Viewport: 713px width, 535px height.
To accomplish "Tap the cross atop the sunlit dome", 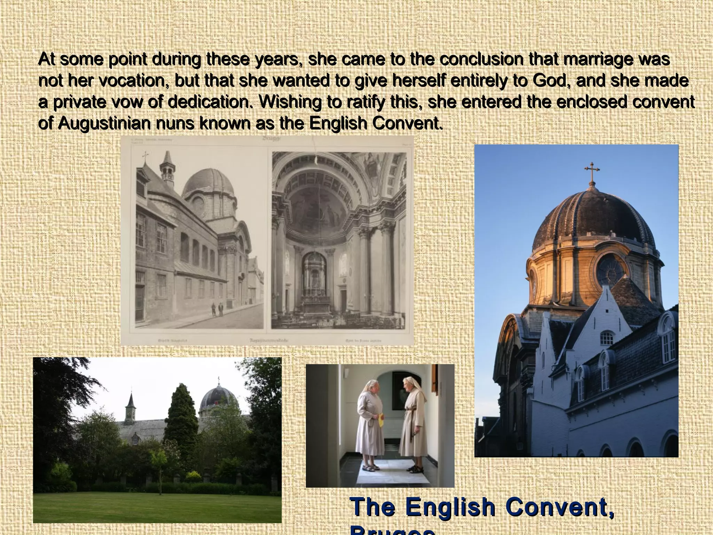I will click(591, 172).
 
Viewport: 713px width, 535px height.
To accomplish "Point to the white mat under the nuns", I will click(393, 472).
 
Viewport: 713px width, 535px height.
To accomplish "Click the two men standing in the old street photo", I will click(217, 309).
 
